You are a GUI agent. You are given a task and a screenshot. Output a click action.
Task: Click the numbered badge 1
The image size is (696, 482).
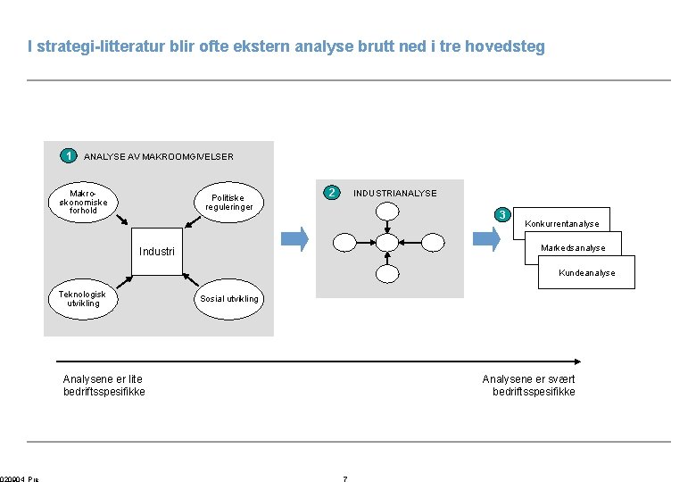tap(67, 155)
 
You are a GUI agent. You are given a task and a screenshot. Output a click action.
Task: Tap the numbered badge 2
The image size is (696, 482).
tap(331, 192)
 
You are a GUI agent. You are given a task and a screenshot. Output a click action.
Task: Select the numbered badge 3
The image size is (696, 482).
tap(502, 214)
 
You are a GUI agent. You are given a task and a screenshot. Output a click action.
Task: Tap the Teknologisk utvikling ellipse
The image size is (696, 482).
tap(82, 298)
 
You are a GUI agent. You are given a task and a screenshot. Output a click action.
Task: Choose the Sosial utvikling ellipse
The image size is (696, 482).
tap(229, 298)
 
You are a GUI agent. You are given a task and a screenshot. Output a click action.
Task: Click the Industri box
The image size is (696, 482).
tap(156, 251)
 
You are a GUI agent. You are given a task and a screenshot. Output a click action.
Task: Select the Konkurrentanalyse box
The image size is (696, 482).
tap(561, 223)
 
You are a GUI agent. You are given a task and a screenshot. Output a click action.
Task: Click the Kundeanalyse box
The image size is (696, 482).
tap(586, 273)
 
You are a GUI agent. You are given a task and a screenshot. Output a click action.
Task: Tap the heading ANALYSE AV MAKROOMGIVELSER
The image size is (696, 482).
tap(158, 157)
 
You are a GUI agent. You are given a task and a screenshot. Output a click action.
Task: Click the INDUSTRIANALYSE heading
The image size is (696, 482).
tap(394, 193)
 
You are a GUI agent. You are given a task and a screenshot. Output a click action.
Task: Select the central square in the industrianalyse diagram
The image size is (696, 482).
tap(386, 242)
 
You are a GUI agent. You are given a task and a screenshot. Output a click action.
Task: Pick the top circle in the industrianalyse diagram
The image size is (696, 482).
tap(386, 211)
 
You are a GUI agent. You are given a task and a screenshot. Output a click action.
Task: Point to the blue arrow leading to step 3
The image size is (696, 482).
tap(486, 238)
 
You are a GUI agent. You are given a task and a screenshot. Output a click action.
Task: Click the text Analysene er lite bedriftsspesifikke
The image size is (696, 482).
tap(104, 386)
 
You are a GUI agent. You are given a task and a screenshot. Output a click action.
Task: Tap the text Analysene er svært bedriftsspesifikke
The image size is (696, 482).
tap(528, 386)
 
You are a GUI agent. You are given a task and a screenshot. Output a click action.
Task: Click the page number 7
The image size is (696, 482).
tap(345, 479)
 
